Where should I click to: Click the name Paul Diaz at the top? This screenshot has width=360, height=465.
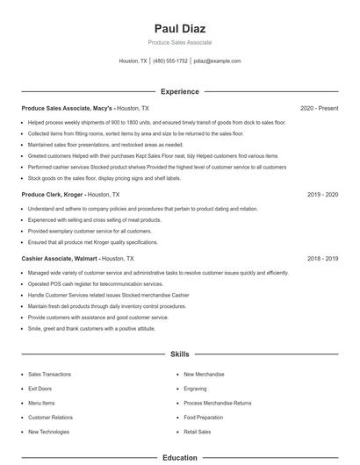pyautogui.click(x=179, y=27)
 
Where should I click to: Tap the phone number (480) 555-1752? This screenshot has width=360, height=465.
pyautogui.click(x=170, y=61)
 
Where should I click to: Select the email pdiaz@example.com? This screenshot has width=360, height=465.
pyautogui.click(x=217, y=61)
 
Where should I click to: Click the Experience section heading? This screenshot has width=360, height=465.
pyautogui.click(x=179, y=91)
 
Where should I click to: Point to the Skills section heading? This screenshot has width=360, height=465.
pyautogui.click(x=179, y=354)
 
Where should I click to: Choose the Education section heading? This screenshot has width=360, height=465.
pyautogui.click(x=179, y=458)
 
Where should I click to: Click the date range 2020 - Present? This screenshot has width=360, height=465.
pyautogui.click(x=319, y=108)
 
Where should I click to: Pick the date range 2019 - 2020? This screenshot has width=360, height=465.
pyautogui.click(x=322, y=194)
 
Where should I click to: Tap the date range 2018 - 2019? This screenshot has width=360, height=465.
pyautogui.click(x=322, y=259)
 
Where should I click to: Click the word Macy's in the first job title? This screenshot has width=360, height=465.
pyautogui.click(x=103, y=108)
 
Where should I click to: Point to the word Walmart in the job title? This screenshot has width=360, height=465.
pyautogui.click(x=84, y=259)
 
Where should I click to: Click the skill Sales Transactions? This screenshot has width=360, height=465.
pyautogui.click(x=49, y=374)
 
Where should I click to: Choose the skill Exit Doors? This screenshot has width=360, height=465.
pyautogui.click(x=40, y=388)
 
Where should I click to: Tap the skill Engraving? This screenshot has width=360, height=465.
pyautogui.click(x=195, y=388)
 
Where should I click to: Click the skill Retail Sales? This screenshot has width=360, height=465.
pyautogui.click(x=198, y=432)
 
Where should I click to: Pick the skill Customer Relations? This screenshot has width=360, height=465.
pyautogui.click(x=50, y=417)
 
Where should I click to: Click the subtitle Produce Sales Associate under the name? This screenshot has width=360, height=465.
pyautogui.click(x=179, y=42)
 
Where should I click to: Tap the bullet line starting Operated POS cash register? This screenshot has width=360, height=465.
pyautogui.click(x=96, y=284)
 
